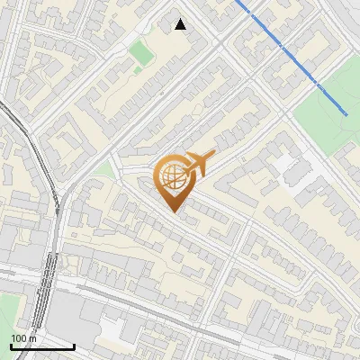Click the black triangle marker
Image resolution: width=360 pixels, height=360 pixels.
click(x=181, y=24)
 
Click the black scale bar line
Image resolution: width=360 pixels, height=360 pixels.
click(x=42, y=346)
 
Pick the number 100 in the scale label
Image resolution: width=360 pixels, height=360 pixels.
click(x=19, y=338)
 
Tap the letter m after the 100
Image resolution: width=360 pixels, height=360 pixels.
click(x=32, y=338)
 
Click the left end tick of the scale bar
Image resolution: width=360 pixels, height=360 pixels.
click(x=11, y=345)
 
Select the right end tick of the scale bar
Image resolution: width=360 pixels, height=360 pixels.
click(x=74, y=345)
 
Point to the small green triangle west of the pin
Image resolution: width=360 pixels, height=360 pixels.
click(x=106, y=169)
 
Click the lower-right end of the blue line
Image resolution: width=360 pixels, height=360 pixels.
click(x=346, y=113)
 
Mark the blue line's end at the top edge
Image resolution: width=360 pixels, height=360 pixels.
click(x=238, y=2)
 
